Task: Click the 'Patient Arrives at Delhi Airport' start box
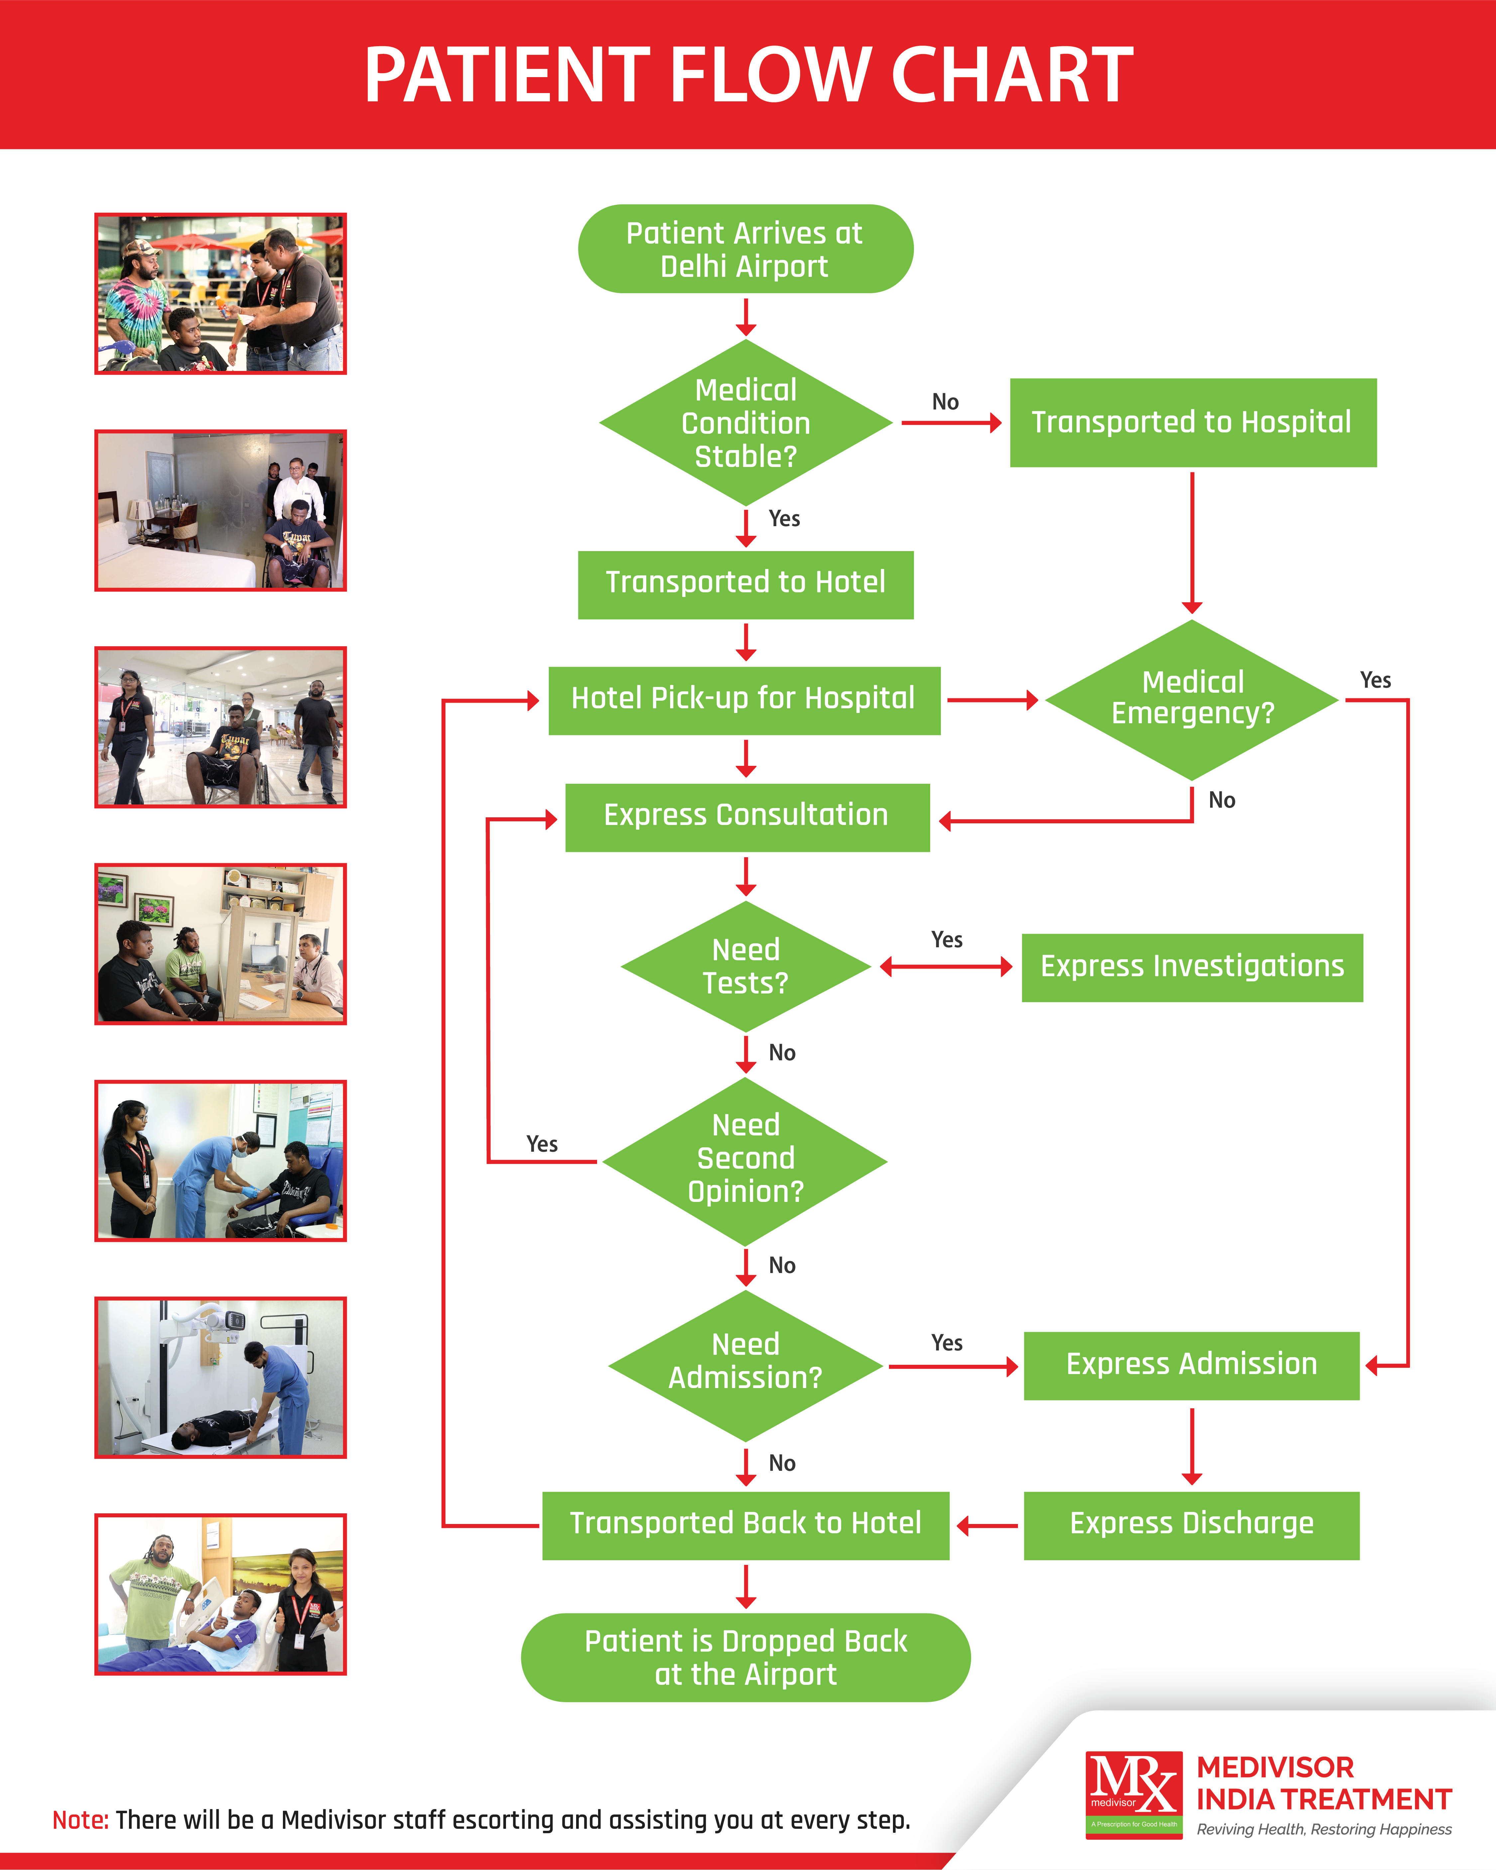coord(745,249)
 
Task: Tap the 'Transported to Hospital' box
coord(1192,422)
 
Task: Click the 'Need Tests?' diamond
coord(745,966)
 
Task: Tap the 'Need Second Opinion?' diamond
coord(745,1160)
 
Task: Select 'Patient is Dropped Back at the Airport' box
coord(745,1658)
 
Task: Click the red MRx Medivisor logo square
coord(1133,1794)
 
